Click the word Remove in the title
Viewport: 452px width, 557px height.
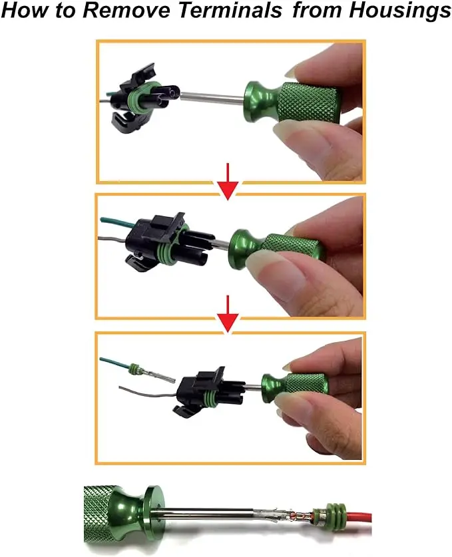click(127, 10)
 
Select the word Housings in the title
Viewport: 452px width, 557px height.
click(400, 11)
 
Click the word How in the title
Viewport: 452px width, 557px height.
click(25, 10)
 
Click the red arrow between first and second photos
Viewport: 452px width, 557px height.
click(228, 181)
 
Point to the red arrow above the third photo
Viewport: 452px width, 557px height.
click(228, 314)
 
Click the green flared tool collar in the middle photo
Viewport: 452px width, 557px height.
click(244, 248)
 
